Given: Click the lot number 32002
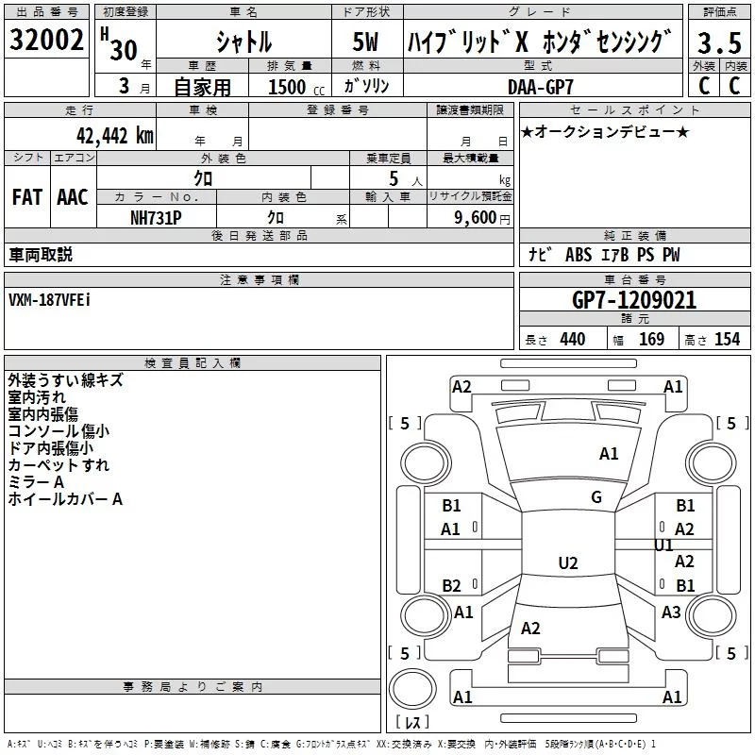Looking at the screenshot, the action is (46, 42).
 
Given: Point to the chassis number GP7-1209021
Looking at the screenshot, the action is (634, 301).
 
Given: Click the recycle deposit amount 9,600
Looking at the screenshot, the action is (472, 216).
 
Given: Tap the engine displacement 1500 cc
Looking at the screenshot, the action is (291, 86).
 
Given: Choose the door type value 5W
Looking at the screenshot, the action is (367, 42).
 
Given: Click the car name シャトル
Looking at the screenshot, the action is (243, 42).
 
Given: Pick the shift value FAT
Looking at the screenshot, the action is (27, 196).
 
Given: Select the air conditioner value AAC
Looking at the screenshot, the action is (73, 196).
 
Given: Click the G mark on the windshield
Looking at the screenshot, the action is (596, 497).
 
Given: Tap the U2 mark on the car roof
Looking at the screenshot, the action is (567, 563).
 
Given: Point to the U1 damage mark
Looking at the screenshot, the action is (663, 545).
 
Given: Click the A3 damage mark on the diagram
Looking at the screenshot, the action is (671, 612).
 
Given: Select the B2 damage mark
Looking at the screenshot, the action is (451, 586).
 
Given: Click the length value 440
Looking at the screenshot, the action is (572, 340).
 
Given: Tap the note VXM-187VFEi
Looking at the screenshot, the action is (50, 300).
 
